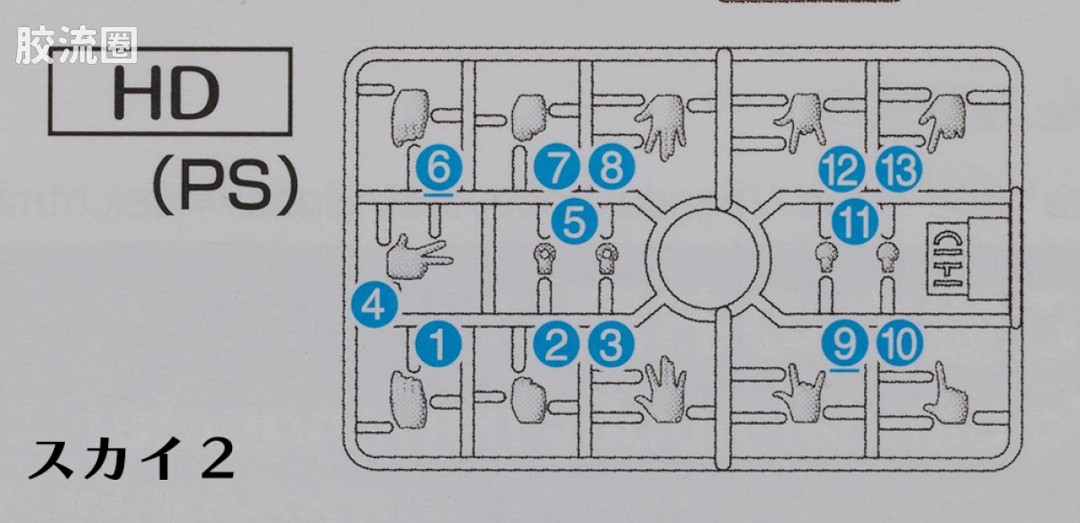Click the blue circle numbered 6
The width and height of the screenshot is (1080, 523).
(x=439, y=168)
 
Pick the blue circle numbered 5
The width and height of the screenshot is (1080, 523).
(x=574, y=221)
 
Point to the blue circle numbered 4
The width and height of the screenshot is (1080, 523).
(x=374, y=305)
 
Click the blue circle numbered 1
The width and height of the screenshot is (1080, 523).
(x=438, y=344)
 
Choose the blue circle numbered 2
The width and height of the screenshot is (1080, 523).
(x=557, y=344)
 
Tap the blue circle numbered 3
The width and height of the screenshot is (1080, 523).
(x=611, y=344)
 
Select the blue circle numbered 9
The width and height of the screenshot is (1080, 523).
(x=845, y=343)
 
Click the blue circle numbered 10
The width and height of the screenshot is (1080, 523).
(x=900, y=343)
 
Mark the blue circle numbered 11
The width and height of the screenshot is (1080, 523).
(x=854, y=221)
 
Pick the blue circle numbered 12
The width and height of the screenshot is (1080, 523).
(x=841, y=169)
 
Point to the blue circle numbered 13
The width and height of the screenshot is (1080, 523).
(x=899, y=169)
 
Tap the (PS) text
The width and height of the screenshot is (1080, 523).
(x=225, y=186)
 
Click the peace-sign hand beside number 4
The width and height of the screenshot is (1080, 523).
(x=418, y=257)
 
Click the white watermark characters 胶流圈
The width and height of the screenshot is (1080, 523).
(x=76, y=45)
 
